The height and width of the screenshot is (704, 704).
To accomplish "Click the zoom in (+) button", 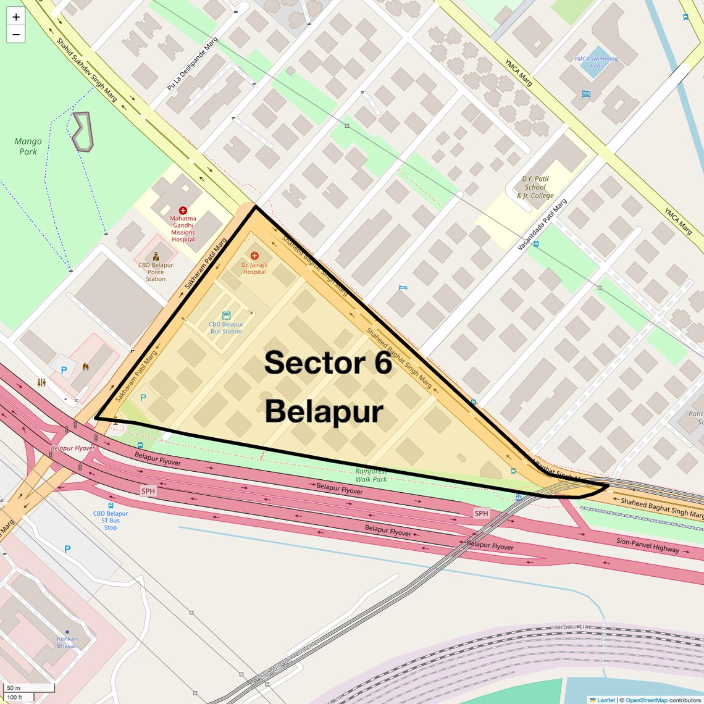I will (16, 17).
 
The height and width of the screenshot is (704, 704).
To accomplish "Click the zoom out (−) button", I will (16, 35).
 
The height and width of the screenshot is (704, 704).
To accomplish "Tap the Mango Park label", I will (28, 146).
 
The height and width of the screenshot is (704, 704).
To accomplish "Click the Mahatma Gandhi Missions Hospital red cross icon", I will (183, 211).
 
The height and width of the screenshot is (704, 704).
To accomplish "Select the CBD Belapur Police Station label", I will (156, 272).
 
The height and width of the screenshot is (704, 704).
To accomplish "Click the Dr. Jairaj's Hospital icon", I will (254, 256).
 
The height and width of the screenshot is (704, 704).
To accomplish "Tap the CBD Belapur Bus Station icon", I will (226, 316).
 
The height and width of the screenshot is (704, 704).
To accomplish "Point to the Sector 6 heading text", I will (328, 362).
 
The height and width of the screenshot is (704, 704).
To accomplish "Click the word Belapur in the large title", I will (324, 411).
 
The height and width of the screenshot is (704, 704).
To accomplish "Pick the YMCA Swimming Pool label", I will (596, 62).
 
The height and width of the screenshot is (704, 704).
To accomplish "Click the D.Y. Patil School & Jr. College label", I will (535, 187).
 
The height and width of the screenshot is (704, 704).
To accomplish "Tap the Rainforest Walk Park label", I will (371, 475).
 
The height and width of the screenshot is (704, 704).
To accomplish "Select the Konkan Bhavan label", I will (67, 642).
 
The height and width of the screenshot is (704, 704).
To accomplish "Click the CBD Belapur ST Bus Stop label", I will (111, 520).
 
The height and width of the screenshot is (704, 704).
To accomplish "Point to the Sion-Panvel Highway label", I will (647, 545).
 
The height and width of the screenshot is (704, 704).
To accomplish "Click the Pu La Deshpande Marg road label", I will (192, 64).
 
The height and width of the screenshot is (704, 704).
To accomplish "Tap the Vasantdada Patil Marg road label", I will (542, 225).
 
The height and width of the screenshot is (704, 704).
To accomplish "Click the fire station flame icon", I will (85, 367).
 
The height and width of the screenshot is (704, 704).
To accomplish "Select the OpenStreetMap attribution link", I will (647, 700).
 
